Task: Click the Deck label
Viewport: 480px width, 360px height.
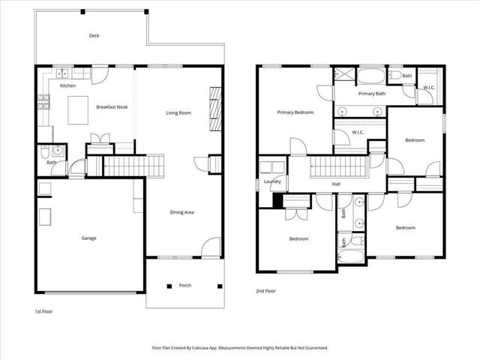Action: pyautogui.click(x=94, y=35)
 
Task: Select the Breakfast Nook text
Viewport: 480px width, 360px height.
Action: pyautogui.click(x=112, y=107)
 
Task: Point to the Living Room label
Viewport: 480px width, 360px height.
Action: pyautogui.click(x=178, y=112)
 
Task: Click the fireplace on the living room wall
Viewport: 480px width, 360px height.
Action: pyautogui.click(x=214, y=109)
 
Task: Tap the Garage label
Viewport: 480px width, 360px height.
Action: pyautogui.click(x=88, y=238)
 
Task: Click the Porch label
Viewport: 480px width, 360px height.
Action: pyautogui.click(x=184, y=285)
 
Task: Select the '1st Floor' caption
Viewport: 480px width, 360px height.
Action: pyautogui.click(x=43, y=310)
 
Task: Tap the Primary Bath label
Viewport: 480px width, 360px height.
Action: pyautogui.click(x=371, y=94)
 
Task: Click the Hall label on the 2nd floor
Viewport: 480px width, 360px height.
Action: pyautogui.click(x=337, y=182)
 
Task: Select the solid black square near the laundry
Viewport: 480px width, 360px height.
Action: pyautogui.click(x=277, y=200)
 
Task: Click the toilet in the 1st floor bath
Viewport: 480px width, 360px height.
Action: pyautogui.click(x=46, y=149)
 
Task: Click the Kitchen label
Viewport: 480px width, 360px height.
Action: pyautogui.click(x=67, y=86)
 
